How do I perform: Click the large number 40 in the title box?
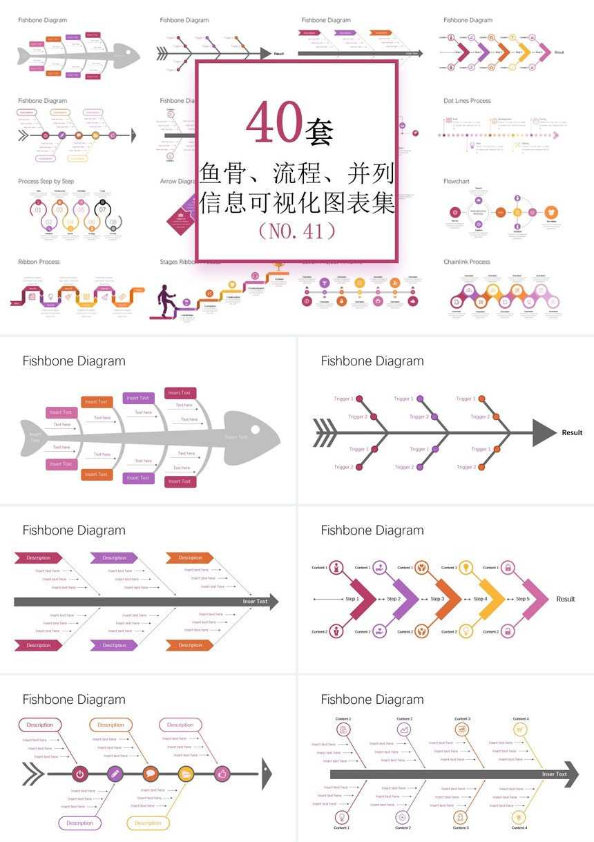coord(274,123)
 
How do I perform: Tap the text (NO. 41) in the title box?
coord(296,231)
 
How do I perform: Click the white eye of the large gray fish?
coord(255,430)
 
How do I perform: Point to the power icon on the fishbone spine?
coord(79,774)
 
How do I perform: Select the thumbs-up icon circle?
coord(222,774)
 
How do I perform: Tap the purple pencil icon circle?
coord(115,774)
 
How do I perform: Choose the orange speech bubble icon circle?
coord(151,774)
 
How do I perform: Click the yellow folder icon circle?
coord(186,774)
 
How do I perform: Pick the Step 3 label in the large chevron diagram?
coord(437,599)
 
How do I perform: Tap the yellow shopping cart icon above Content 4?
coord(520,729)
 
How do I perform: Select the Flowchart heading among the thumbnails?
coord(457,182)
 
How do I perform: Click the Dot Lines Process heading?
coord(467,101)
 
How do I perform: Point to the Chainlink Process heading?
coord(467,262)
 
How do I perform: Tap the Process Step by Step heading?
coord(46,182)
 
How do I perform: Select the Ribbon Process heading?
coord(39,262)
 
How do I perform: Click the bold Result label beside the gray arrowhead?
coord(572,433)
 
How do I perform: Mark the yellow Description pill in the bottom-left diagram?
coord(148,823)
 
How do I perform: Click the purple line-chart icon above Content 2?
coord(403,729)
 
